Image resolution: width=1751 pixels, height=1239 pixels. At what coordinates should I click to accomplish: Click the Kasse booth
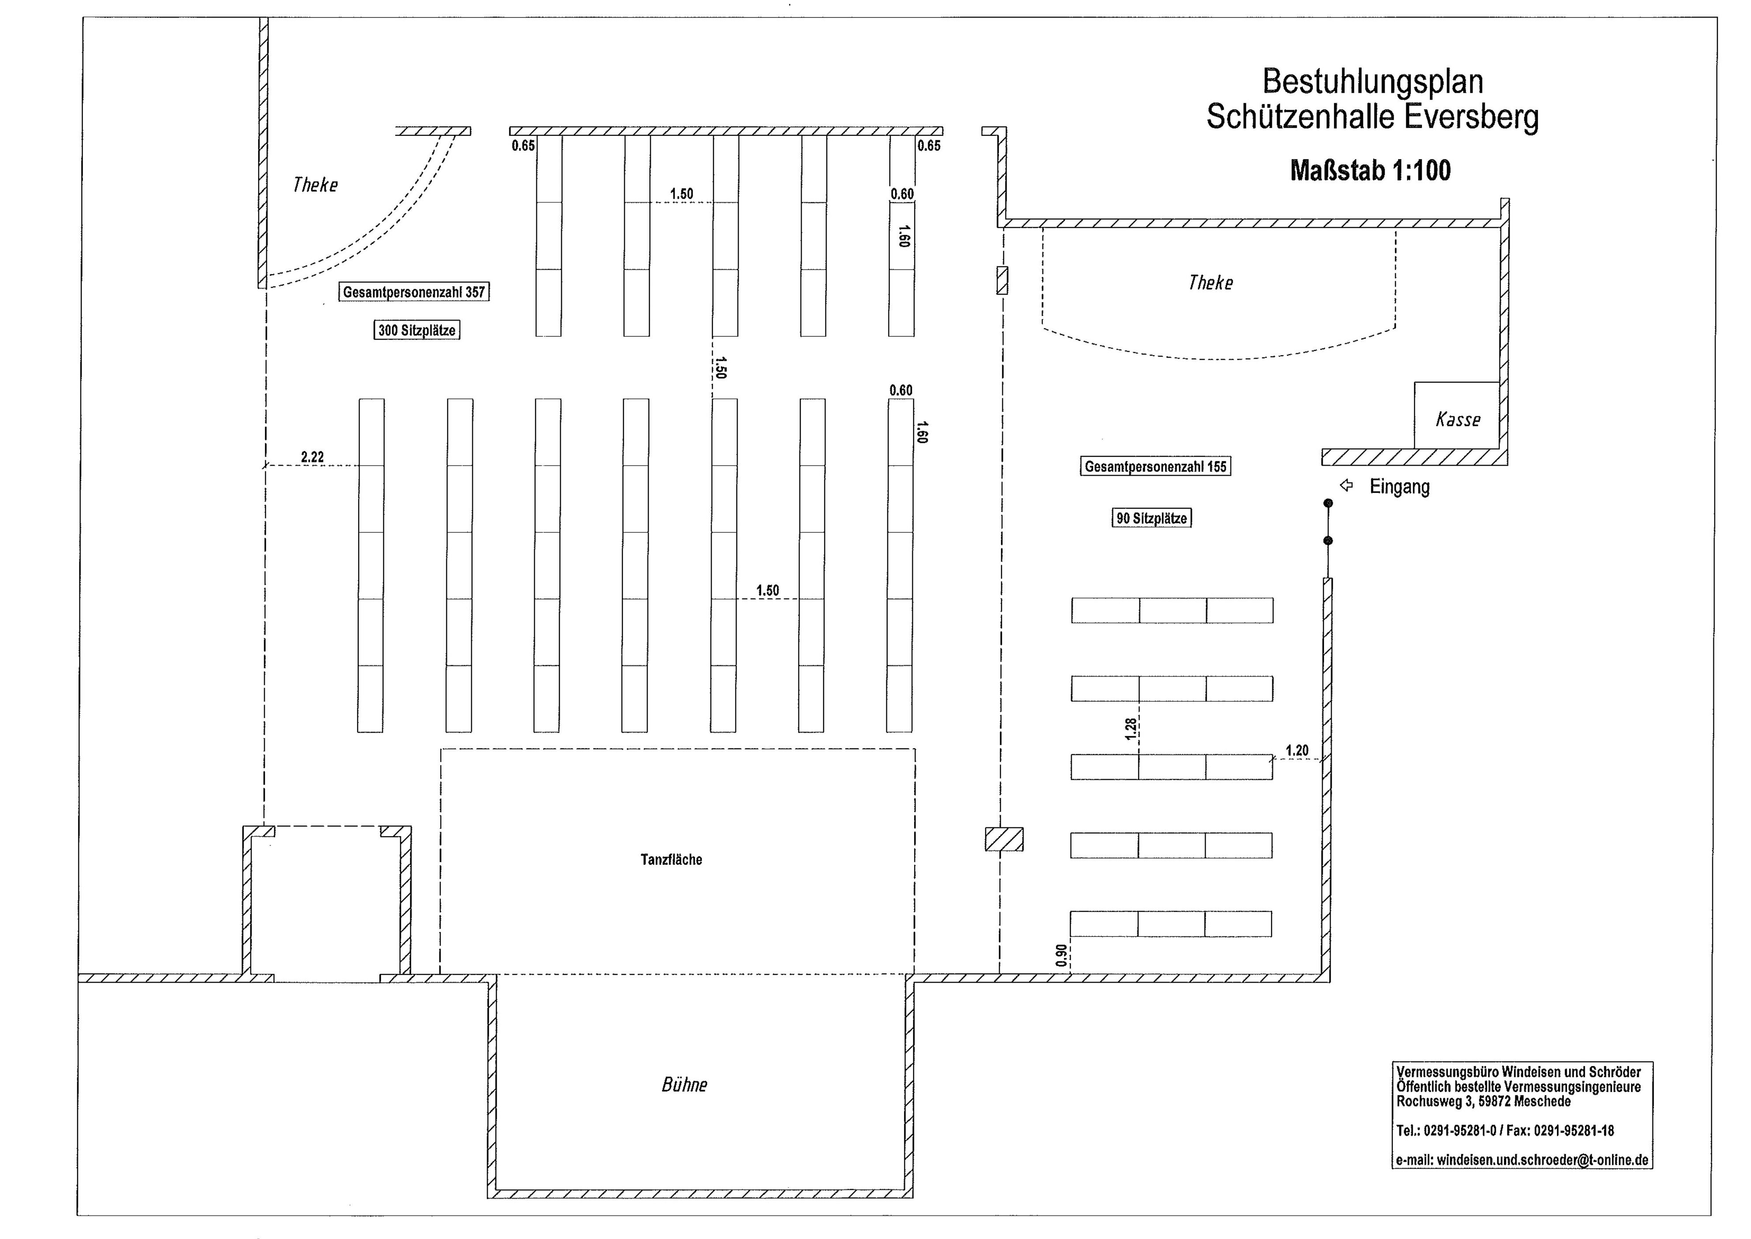(x=1457, y=415)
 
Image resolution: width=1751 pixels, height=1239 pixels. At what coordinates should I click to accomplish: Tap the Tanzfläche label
(x=671, y=860)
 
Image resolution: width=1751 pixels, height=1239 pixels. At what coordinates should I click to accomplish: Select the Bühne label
(x=684, y=1084)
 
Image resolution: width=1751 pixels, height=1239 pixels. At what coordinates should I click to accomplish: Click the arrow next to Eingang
(x=1346, y=485)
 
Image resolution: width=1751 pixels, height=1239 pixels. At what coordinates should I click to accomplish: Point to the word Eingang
(x=1399, y=487)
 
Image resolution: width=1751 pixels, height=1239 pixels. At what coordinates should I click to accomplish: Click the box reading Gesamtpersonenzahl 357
(x=414, y=292)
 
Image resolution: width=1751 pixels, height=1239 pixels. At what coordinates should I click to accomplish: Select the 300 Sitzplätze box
(x=417, y=330)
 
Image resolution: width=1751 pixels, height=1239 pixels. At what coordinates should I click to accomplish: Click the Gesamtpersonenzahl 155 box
(x=1155, y=466)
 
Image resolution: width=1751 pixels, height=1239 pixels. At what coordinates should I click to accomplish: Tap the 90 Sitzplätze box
(x=1151, y=518)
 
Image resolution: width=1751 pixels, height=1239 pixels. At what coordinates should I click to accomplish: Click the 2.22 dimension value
(x=312, y=457)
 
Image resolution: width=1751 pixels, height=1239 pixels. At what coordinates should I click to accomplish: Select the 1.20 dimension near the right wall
(x=1297, y=751)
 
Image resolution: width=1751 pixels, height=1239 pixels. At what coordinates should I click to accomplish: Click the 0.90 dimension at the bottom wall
(x=1061, y=955)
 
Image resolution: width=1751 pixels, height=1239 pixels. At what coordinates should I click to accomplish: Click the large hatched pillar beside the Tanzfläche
(x=1004, y=839)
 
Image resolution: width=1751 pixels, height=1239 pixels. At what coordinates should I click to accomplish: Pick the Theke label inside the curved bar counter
(x=1210, y=283)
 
